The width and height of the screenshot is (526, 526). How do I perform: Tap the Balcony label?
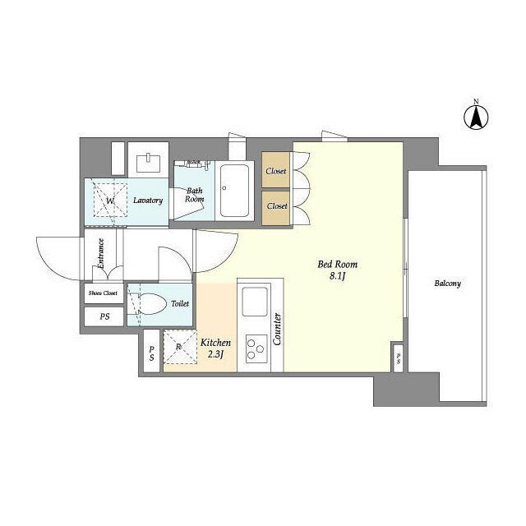[x=448, y=284]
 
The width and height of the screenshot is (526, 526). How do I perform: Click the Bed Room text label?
[x=338, y=265]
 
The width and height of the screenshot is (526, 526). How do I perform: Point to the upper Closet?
[x=276, y=171]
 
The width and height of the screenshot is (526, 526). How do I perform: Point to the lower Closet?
[x=276, y=206]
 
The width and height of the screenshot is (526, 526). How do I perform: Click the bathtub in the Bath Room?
[x=238, y=191]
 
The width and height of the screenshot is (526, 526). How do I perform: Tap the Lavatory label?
[x=148, y=200]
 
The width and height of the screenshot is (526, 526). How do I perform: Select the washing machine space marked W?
[x=107, y=200]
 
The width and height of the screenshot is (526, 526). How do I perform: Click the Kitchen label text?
[x=215, y=342]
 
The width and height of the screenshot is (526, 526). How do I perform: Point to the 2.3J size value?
[x=216, y=354]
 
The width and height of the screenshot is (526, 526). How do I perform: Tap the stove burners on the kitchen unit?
[x=257, y=348]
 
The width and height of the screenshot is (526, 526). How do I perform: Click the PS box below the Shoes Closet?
[x=104, y=316]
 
